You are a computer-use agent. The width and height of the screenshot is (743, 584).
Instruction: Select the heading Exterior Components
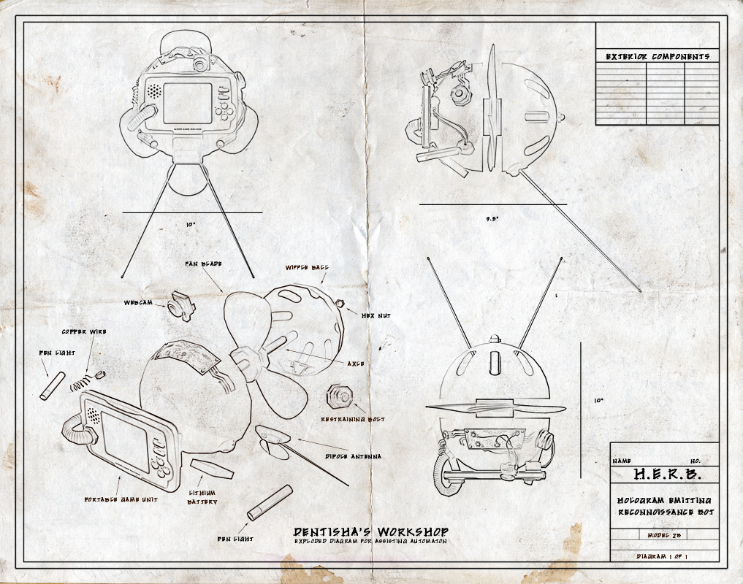tap(657, 56)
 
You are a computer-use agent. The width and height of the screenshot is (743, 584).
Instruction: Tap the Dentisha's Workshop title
tap(370, 532)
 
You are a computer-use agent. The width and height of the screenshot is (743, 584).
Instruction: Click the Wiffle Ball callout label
tap(310, 268)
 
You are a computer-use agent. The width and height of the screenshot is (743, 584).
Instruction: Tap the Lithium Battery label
tap(204, 497)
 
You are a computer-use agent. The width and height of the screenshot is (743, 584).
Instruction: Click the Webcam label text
tap(138, 301)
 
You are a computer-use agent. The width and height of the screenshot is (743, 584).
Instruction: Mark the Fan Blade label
tap(203, 262)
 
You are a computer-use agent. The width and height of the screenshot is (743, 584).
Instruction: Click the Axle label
tap(356, 363)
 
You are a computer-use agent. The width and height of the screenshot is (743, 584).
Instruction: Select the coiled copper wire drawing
tap(86, 381)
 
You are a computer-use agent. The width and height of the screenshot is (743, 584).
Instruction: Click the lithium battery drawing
tap(211, 469)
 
